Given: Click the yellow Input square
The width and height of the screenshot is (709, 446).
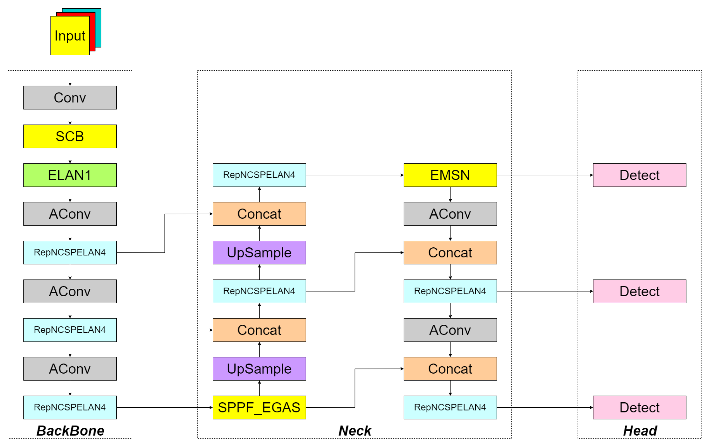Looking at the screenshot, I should coord(70,36).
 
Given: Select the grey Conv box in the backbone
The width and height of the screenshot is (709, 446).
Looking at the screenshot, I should coord(70,97).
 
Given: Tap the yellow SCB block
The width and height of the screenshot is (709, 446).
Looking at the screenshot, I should coord(70,136).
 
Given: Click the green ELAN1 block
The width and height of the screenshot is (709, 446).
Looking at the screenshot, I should coord(70,175).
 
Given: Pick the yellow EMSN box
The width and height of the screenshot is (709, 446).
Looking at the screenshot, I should coord(450,175).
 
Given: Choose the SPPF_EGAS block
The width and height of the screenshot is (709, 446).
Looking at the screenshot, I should coord(259,407).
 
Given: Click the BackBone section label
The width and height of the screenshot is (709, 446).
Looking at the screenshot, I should coord(70,431).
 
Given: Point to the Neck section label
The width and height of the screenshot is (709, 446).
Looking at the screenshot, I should coord(355,431).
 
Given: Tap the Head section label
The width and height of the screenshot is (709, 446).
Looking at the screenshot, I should coord(640,431).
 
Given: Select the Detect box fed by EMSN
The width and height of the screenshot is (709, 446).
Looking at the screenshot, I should coord(640,175).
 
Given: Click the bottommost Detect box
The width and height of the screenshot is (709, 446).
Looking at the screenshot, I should coord(640,407).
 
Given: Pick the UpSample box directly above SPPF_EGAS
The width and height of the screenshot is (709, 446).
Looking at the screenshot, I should coord(259,369).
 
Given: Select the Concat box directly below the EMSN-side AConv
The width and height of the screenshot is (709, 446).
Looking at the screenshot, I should coord(450,253).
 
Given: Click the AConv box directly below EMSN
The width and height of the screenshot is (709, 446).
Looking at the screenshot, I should coord(450,214).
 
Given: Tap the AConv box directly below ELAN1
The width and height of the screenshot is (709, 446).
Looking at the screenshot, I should coord(70,214).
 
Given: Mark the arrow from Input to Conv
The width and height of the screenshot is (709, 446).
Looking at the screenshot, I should coord(70,71).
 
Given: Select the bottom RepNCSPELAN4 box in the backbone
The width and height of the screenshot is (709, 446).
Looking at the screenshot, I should coord(70,407).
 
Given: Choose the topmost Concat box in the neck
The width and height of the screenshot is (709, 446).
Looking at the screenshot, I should coord(259,214).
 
